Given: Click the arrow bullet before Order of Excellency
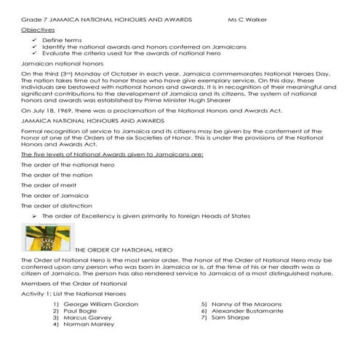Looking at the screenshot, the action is (x=35, y=216).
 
